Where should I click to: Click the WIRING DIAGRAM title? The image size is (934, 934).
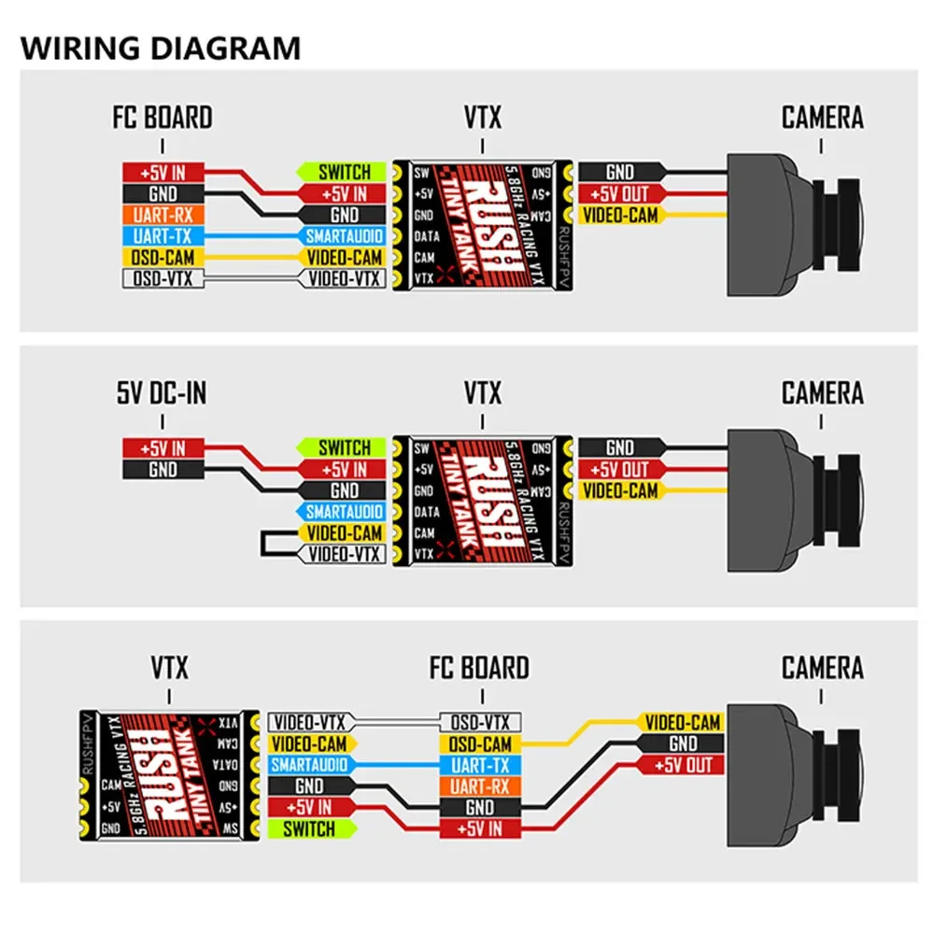tap(161, 48)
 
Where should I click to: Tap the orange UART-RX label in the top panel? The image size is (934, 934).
tap(163, 215)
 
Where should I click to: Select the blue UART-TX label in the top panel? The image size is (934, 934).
tap(163, 235)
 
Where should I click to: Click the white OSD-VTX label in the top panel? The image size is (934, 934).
tap(163, 277)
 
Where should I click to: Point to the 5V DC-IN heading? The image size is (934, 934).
tap(163, 393)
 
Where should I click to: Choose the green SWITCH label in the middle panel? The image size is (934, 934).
tap(343, 448)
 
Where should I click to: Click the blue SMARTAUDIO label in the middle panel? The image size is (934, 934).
tap(343, 512)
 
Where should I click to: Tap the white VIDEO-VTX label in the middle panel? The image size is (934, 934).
tap(343, 554)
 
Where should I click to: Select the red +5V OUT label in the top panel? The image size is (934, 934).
tap(621, 194)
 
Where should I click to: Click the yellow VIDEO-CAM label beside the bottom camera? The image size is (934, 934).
tap(683, 723)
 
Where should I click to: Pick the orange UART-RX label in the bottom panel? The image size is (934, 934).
tap(480, 785)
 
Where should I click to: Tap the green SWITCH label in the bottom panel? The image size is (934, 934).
tap(309, 828)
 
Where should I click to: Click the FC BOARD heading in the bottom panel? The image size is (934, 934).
tap(479, 669)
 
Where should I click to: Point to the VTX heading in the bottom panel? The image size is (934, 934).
tap(169, 669)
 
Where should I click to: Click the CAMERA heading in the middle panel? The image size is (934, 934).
tap(822, 393)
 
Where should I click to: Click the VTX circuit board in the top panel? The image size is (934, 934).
tap(482, 224)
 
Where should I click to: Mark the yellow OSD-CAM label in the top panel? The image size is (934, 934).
tap(163, 257)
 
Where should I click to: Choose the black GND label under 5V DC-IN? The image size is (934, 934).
tap(163, 470)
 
